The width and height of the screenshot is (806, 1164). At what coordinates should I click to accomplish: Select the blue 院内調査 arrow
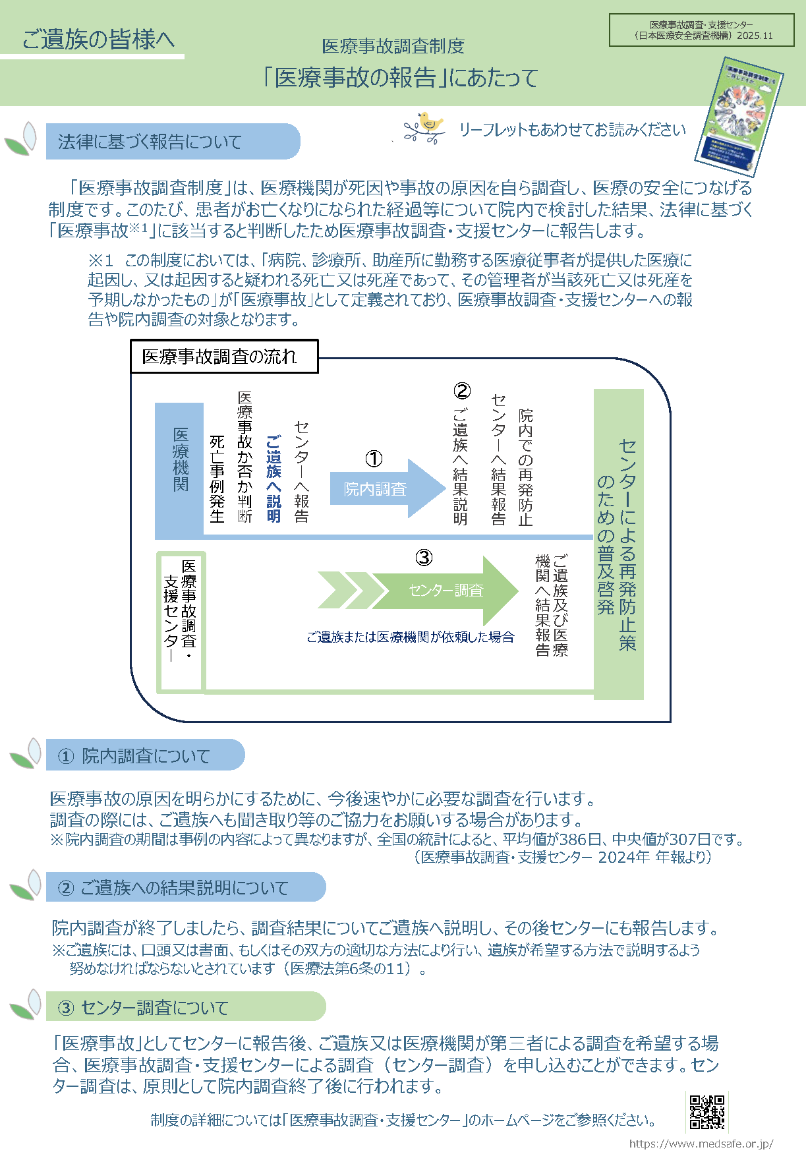pyautogui.click(x=386, y=488)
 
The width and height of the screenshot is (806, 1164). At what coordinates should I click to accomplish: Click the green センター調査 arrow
pyautogui.click(x=445, y=590)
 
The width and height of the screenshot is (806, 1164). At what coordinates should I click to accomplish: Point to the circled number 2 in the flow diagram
pyautogui.click(x=462, y=391)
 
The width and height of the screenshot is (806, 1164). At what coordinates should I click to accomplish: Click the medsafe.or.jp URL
pyautogui.click(x=701, y=1144)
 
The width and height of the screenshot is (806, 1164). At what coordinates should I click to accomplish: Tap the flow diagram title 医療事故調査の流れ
pyautogui.click(x=220, y=357)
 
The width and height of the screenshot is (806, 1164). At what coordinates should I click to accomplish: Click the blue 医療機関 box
pyautogui.click(x=180, y=468)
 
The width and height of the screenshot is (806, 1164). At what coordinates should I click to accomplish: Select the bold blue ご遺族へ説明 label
pyautogui.click(x=273, y=479)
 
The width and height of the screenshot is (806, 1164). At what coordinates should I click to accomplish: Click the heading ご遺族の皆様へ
pyautogui.click(x=98, y=39)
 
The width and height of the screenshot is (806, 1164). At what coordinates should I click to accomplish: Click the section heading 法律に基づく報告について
pyautogui.click(x=150, y=142)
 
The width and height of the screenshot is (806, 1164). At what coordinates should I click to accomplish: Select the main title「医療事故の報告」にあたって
pyautogui.click(x=401, y=78)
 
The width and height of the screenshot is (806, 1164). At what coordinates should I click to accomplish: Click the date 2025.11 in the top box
pyautogui.click(x=755, y=36)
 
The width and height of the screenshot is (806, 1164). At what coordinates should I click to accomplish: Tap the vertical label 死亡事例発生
pyautogui.click(x=217, y=479)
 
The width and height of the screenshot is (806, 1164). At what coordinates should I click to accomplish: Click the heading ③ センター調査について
pyautogui.click(x=143, y=1008)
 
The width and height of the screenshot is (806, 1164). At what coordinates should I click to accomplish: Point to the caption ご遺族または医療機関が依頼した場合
pyautogui.click(x=410, y=637)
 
